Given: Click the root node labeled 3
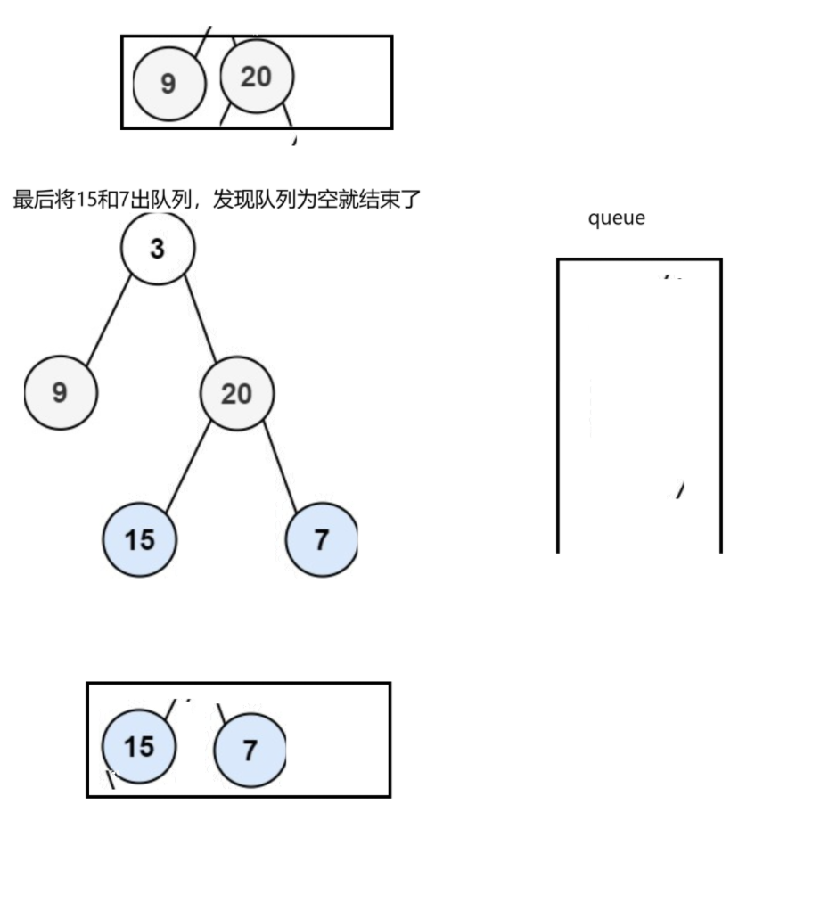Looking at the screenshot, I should click(158, 249).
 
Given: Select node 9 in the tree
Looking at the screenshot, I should click(61, 392).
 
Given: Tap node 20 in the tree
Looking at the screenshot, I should click(236, 393).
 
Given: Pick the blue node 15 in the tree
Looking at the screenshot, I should click(140, 539).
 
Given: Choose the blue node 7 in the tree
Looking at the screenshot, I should click(321, 539).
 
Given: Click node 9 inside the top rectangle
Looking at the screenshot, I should click(168, 83).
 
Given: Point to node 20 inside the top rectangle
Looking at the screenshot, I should click(256, 77).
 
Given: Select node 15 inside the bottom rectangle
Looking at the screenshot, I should click(139, 746).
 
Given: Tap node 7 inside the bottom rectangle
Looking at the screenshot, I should click(250, 751).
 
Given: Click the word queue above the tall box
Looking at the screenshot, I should click(616, 218).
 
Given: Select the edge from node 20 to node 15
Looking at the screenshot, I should click(188, 466).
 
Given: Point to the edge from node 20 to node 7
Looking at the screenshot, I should click(280, 466).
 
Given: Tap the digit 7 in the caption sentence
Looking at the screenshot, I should click(122, 199).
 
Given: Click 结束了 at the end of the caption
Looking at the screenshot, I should click(393, 199).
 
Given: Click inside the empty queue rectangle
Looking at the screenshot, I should click(638, 401).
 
